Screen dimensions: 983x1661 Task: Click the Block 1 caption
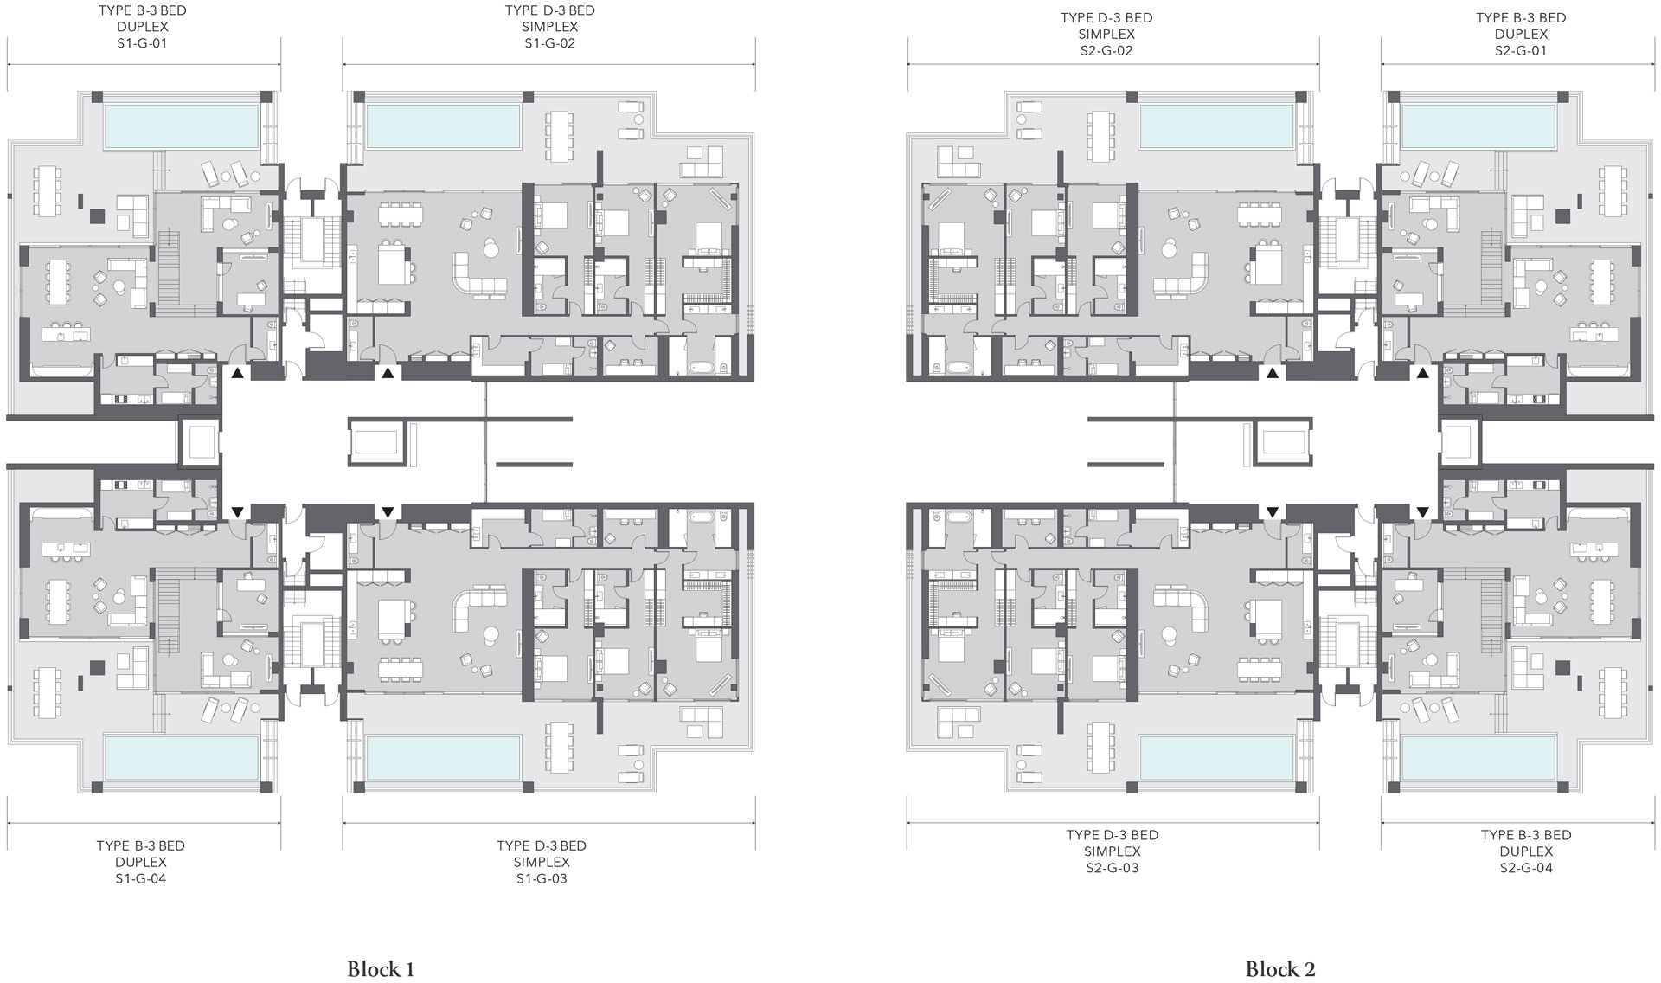tap(381, 968)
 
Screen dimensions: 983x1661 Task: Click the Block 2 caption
tap(1280, 968)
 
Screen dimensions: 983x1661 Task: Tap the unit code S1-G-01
tap(142, 43)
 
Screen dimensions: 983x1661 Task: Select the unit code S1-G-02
tap(550, 43)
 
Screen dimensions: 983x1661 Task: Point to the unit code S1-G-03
tap(542, 878)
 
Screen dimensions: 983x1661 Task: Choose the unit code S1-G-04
tap(141, 878)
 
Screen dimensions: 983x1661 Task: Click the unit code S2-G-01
tap(1521, 50)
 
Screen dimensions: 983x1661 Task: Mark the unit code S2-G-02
tap(1106, 50)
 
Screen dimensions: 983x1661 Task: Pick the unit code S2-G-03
tap(1113, 868)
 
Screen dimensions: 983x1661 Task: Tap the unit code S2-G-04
tap(1526, 868)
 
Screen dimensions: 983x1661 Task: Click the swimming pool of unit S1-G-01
tap(182, 126)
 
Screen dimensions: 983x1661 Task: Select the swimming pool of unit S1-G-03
tap(444, 757)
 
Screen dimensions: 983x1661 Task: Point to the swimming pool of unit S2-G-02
tap(1217, 126)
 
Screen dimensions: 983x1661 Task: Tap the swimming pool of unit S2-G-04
tap(1478, 757)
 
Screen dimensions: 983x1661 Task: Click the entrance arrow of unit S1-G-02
tap(388, 373)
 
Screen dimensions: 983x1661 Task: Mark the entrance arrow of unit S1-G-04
tap(237, 512)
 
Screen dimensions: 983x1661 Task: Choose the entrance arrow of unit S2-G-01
tap(1423, 373)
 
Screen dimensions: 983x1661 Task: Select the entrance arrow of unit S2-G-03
tap(1272, 512)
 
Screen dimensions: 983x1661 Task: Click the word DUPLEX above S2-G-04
tap(1526, 851)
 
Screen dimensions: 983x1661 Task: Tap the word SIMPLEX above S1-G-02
tap(550, 27)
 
